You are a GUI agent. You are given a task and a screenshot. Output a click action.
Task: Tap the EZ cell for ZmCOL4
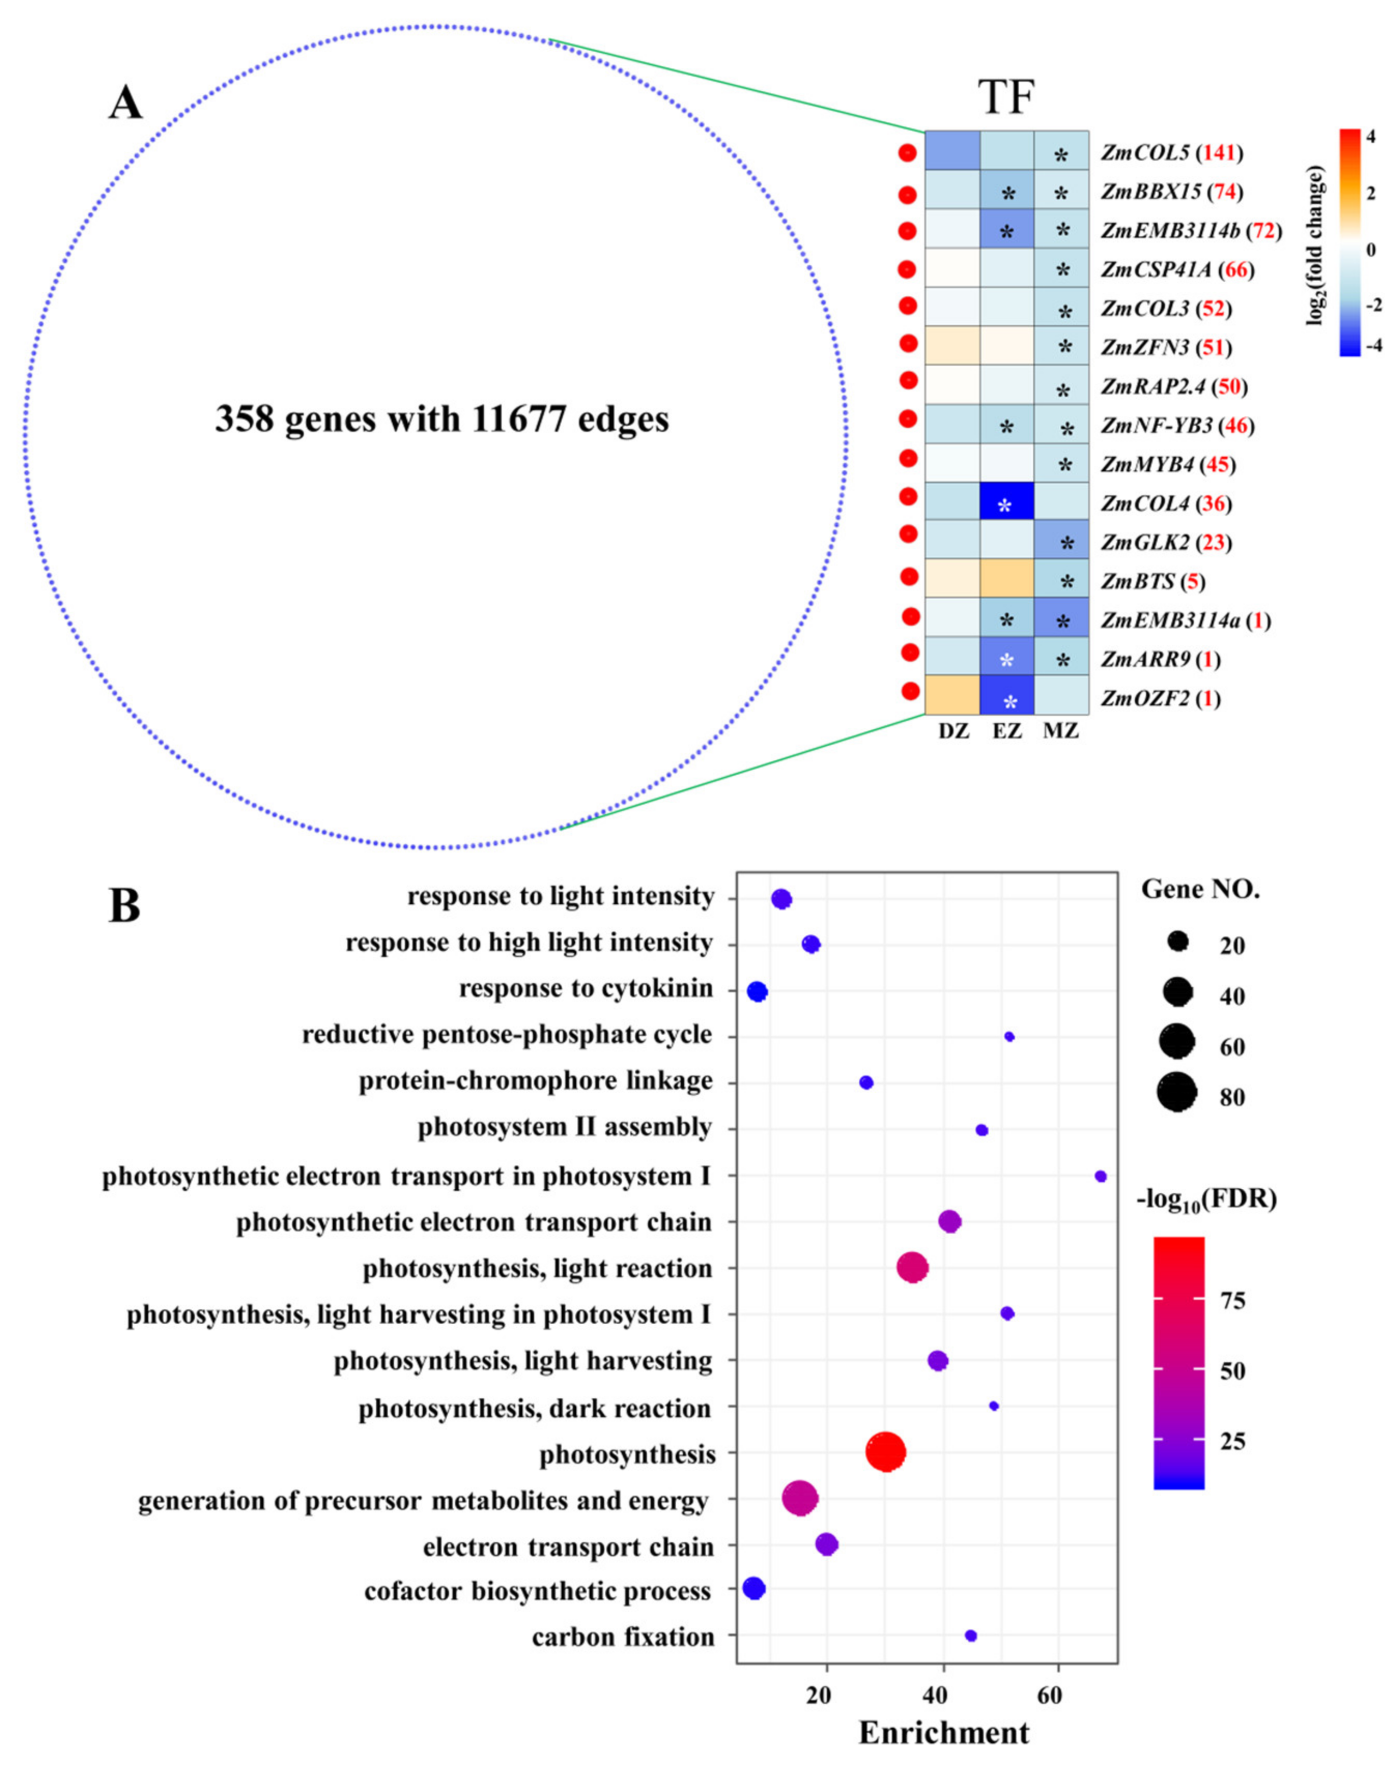pos(1006,502)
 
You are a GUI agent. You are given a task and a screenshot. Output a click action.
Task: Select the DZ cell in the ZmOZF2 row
pos(952,695)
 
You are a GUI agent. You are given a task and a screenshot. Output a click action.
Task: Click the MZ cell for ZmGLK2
pos(1061,541)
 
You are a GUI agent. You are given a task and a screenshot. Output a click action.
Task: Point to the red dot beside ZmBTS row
pos(909,577)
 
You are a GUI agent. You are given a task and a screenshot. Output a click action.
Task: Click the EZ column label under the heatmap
pos(1006,731)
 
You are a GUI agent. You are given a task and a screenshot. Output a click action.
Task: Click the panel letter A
pos(125,105)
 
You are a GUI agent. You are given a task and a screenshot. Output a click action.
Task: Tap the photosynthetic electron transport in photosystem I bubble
pos(1100,1176)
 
